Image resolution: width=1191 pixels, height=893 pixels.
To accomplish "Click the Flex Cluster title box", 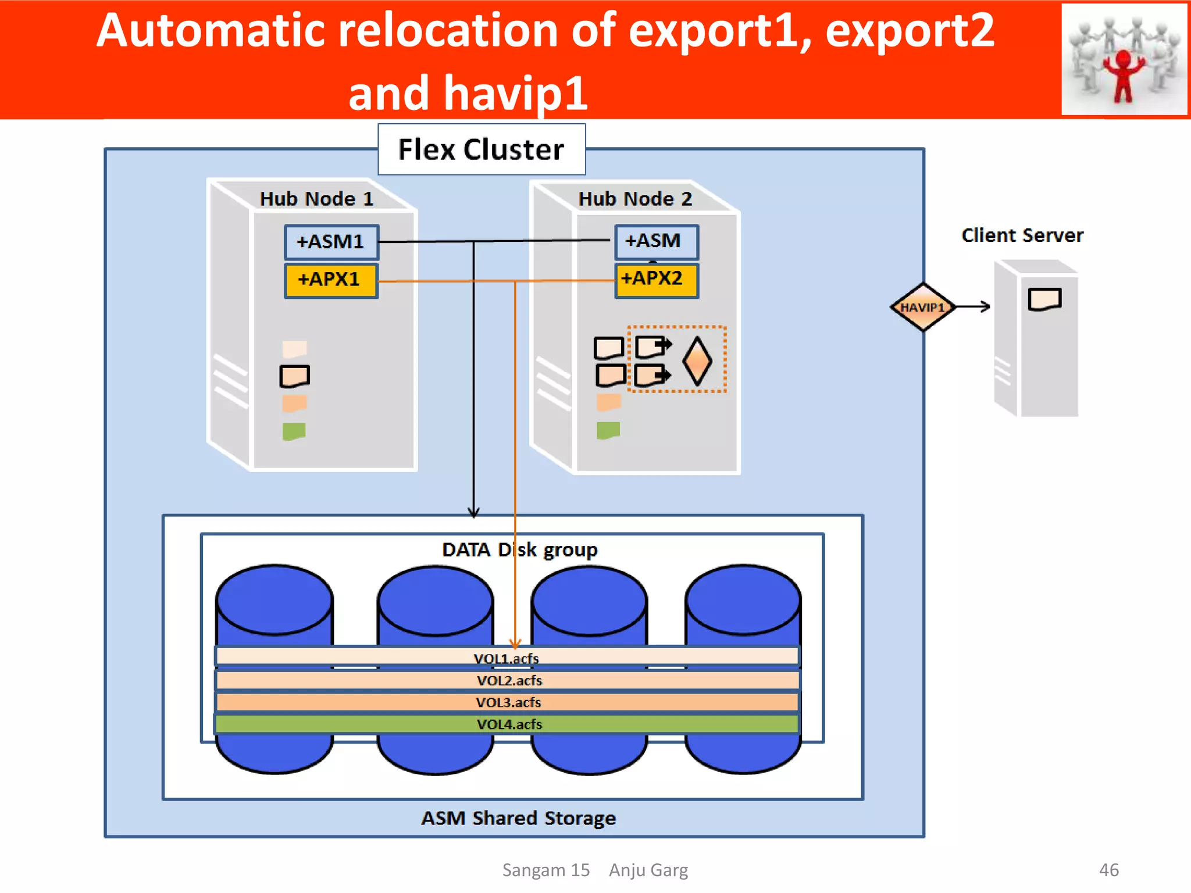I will pos(482,149).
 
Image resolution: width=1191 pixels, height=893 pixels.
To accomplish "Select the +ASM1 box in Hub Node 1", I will pos(331,242).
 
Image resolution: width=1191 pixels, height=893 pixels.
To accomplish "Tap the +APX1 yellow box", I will pos(331,280).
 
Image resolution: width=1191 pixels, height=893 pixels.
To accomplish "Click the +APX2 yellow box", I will pos(656,280).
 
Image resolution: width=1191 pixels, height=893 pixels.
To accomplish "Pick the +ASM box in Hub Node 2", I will pos(656,241).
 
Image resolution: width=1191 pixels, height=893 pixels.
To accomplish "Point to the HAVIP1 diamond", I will pos(922,307).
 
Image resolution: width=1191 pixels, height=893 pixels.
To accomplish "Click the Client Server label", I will pos(1022,235).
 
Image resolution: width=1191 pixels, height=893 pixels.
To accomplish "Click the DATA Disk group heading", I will pos(519,549).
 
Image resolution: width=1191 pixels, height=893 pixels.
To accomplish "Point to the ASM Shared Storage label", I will pos(518,818).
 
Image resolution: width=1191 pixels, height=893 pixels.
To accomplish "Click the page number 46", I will pos(1108,870).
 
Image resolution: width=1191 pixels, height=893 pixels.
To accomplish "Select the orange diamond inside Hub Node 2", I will pos(697,361).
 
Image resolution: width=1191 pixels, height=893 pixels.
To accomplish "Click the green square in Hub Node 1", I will pos(294,431).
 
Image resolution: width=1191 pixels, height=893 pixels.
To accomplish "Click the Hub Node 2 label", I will pos(635,199).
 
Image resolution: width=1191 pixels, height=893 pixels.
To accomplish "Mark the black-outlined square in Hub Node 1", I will pos(294,376).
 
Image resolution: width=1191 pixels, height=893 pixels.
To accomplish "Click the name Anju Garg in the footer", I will pos(648,870).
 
